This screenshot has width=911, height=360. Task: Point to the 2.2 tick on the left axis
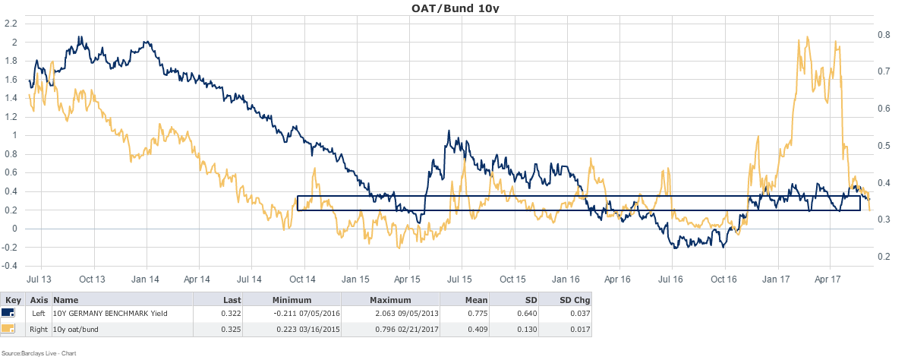tap(11, 23)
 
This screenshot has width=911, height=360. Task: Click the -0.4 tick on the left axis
tap(9, 266)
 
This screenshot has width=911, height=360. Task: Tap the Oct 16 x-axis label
tap(723, 279)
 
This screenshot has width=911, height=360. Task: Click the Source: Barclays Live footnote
tap(39, 353)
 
